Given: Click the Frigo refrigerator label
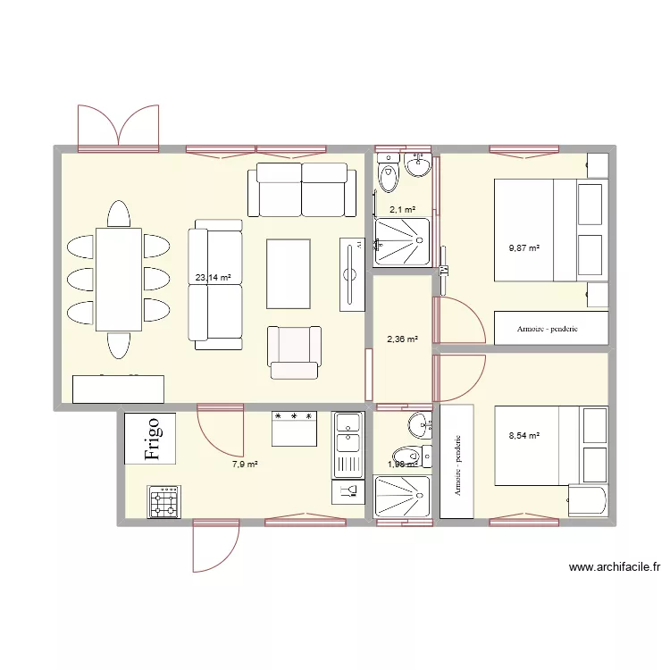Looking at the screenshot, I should pos(151,438).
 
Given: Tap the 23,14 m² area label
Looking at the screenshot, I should pos(213,277).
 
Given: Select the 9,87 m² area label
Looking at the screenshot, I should pos(524,247).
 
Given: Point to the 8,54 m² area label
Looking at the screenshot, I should pos(523,436).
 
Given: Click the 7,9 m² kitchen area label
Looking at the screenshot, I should pos(245,465).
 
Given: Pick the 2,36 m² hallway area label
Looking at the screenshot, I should pos(401,339).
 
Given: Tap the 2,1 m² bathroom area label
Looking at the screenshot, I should pos(402,210).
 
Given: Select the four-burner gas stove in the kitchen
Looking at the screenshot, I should pos(164,502).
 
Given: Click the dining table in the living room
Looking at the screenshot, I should pos(119,279).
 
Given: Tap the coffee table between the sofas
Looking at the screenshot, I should pos(289,273).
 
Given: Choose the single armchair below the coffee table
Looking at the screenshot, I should pos(294,351).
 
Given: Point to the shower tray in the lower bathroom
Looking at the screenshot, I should pos(402,497).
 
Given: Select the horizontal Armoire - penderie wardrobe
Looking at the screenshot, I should pos(551,328).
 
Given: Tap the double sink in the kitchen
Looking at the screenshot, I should pos(347,443).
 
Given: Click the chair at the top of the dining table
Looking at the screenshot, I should pos(119,214).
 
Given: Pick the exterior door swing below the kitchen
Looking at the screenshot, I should pos(215,545).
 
